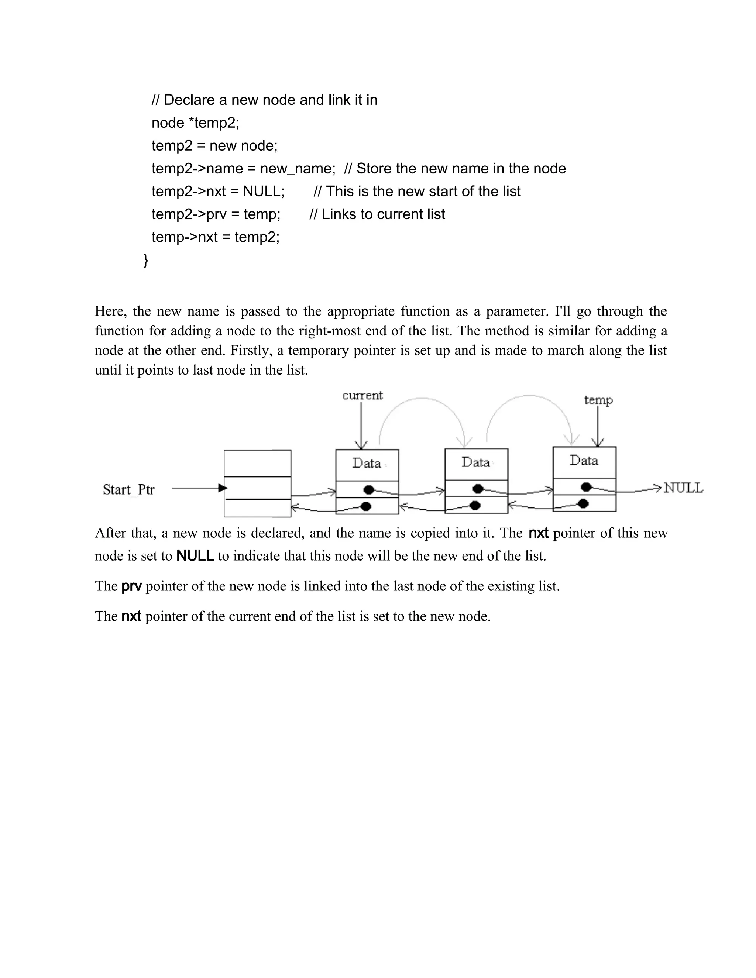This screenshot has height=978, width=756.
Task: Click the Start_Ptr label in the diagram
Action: coord(128,489)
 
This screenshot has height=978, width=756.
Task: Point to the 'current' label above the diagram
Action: coord(362,395)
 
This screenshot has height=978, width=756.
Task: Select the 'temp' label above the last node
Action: coord(598,400)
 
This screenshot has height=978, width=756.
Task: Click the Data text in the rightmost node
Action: coord(584,460)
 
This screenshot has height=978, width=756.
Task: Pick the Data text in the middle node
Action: coord(475,462)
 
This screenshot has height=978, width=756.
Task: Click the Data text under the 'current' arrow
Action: coord(366,463)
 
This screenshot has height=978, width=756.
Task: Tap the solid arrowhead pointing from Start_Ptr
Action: coord(223,488)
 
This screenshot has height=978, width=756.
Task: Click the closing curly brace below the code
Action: coord(145,260)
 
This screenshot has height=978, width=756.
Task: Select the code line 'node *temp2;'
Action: coord(195,123)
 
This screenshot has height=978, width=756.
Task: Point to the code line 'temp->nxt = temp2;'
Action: coord(216,237)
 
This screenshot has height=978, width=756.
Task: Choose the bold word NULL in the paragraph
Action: coord(195,556)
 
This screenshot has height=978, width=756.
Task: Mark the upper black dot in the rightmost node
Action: coord(586,487)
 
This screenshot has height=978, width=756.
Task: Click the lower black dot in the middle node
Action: coord(475,506)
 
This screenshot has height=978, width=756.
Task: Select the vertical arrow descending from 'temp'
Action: coord(598,426)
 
